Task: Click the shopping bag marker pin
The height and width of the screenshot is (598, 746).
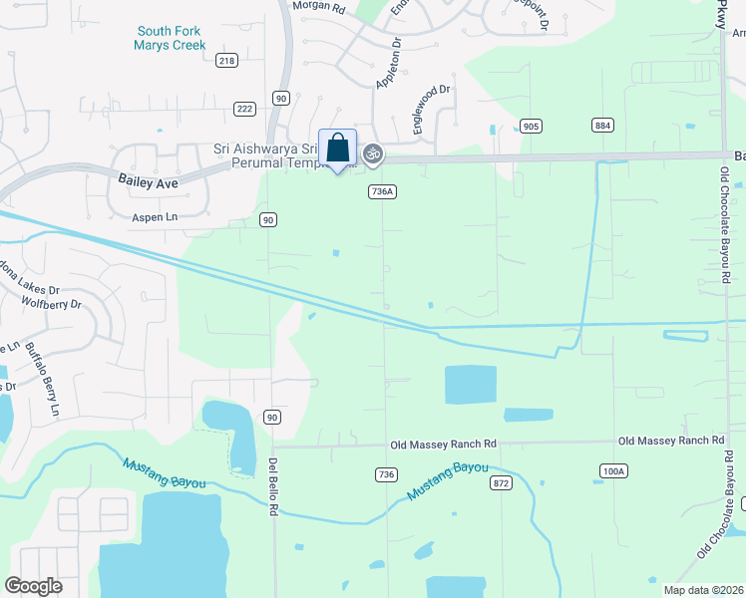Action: (x=337, y=149)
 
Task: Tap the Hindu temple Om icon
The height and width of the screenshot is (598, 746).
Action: (x=373, y=153)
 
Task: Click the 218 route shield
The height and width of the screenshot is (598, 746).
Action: (x=226, y=61)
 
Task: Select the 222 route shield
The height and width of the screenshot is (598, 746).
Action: (x=243, y=108)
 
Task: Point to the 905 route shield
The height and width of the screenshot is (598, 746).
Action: (x=531, y=126)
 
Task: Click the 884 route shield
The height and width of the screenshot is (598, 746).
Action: (x=602, y=126)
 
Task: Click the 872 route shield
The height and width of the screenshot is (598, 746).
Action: (x=502, y=482)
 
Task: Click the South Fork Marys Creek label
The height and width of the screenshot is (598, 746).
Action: (x=172, y=38)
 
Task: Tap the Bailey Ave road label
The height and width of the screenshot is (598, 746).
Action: (x=147, y=180)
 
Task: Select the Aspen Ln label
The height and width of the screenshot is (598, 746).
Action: (x=153, y=215)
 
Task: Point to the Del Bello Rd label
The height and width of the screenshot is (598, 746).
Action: (x=272, y=486)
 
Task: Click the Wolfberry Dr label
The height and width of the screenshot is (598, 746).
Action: (x=50, y=301)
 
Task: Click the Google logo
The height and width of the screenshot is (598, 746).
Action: (x=33, y=586)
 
